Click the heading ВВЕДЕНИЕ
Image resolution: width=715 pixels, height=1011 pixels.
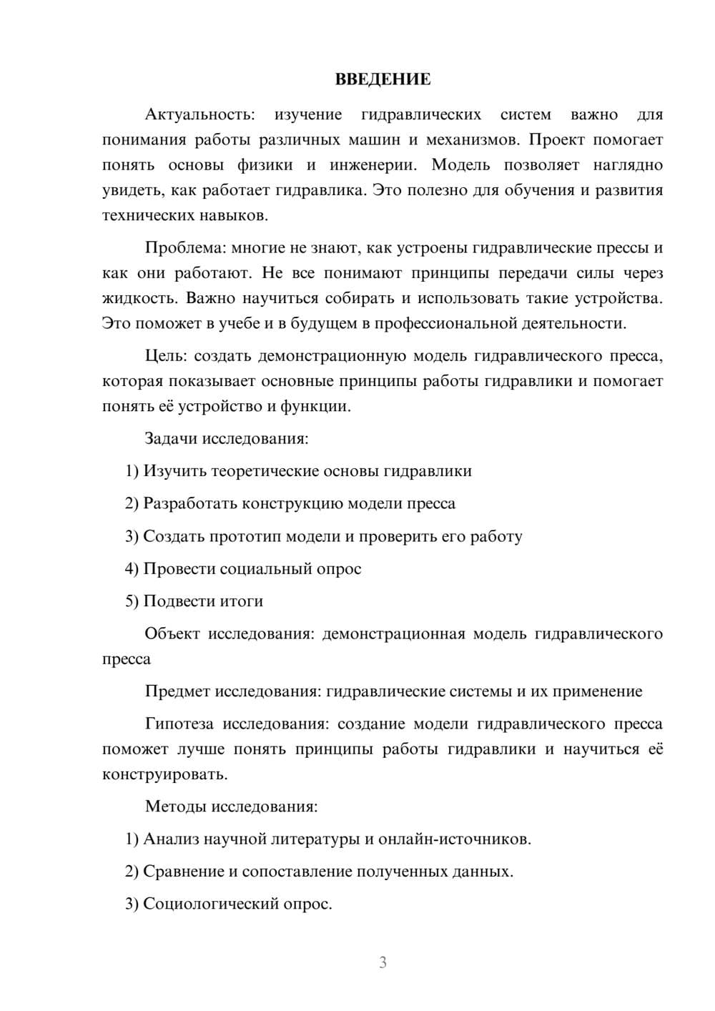coord(383,79)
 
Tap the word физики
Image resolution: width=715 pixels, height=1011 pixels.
coord(265,165)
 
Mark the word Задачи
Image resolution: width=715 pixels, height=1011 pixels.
coord(172,438)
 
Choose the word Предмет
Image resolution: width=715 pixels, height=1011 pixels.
coord(177,691)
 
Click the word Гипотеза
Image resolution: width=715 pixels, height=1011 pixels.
coord(179,724)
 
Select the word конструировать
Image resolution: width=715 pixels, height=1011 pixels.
coord(164,774)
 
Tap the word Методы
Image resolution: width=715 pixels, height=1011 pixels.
coord(175,807)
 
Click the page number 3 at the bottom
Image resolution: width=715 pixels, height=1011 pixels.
coord(383,962)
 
